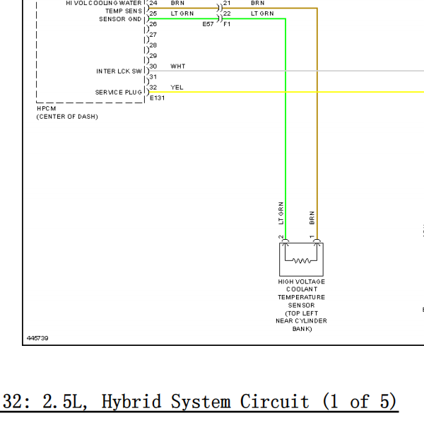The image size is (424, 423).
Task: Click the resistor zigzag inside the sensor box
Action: point(302,261)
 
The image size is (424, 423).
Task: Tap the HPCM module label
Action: point(47,108)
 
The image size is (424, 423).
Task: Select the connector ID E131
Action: point(157,98)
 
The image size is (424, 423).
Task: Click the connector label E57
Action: point(208,24)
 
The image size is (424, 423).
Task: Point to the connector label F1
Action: point(227,24)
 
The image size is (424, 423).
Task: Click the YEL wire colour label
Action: point(177,88)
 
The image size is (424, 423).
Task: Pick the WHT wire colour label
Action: point(178,66)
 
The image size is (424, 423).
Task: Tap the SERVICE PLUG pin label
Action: point(119,92)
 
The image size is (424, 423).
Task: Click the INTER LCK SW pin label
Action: point(119,71)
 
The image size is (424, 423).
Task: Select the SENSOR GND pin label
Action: point(120,19)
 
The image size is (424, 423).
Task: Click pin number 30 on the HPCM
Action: point(153,66)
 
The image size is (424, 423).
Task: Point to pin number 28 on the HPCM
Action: point(153,45)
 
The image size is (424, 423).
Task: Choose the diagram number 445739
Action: point(37,338)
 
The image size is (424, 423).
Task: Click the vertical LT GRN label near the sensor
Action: point(281,213)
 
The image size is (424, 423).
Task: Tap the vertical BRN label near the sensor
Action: point(312,218)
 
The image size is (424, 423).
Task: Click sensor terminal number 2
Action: point(281,237)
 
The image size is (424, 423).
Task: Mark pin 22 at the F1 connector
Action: point(227,13)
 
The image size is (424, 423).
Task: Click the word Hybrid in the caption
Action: point(131,401)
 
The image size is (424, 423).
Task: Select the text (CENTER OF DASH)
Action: point(67,117)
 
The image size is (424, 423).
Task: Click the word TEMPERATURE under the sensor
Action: point(302,297)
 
